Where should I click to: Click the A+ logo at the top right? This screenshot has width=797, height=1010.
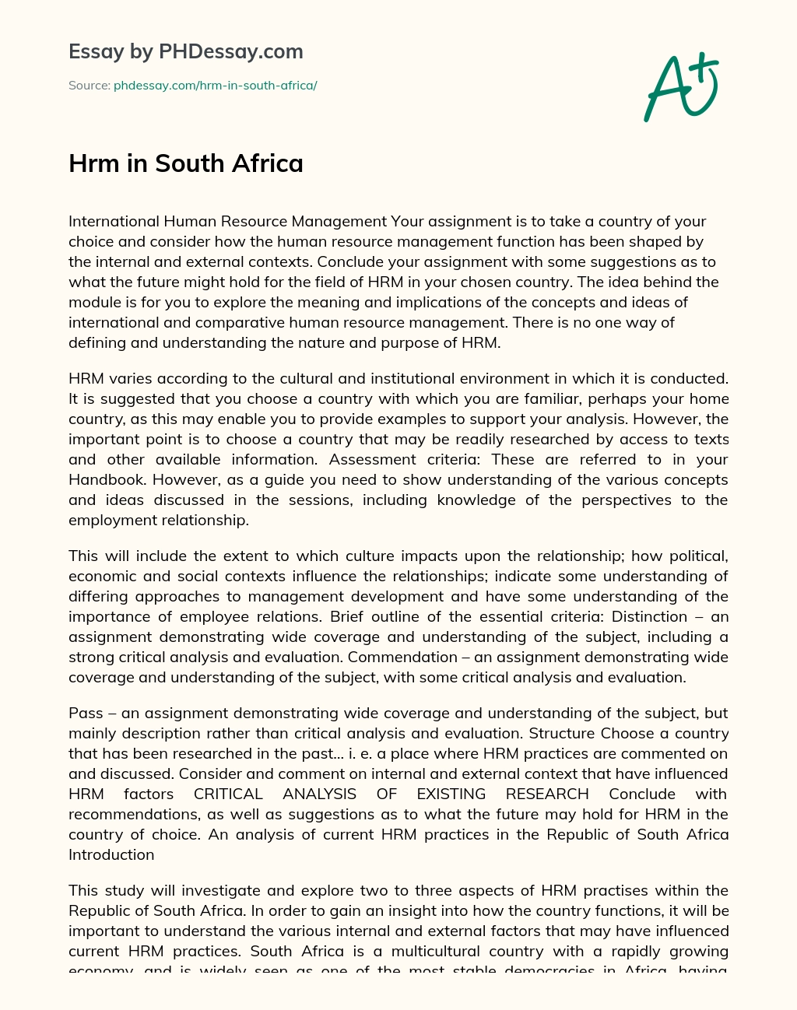point(680,86)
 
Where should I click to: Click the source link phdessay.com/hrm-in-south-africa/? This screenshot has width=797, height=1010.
point(215,86)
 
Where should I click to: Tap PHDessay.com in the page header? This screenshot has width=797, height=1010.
point(231,51)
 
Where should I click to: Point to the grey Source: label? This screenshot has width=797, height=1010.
point(90,86)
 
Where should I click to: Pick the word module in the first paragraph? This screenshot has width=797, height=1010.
point(95,302)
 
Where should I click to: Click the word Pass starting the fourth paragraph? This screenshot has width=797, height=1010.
point(86,713)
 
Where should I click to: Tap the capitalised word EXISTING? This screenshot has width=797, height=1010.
point(451,794)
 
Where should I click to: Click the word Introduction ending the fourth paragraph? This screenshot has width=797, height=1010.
point(111,854)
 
